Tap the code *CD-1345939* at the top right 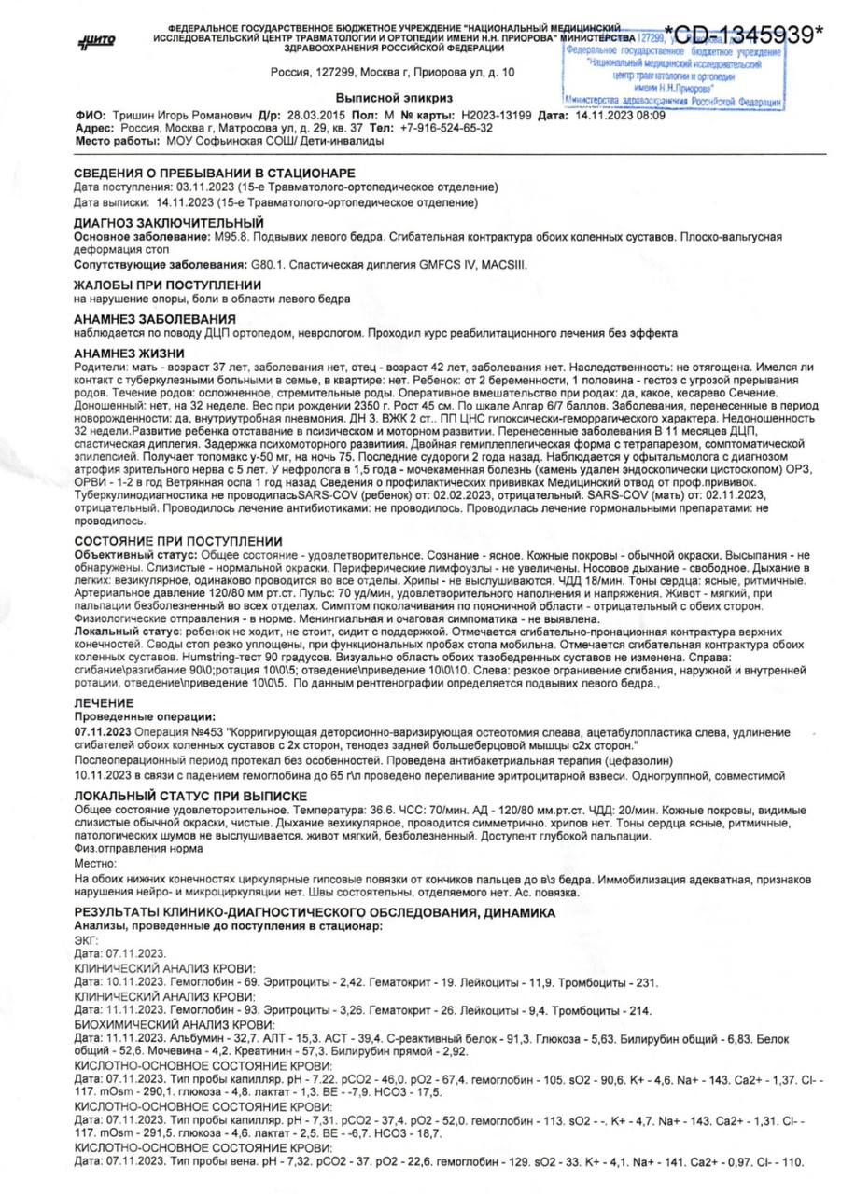click(x=744, y=35)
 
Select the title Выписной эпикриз click(x=394, y=98)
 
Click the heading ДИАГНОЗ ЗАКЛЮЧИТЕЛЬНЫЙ click(x=168, y=224)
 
